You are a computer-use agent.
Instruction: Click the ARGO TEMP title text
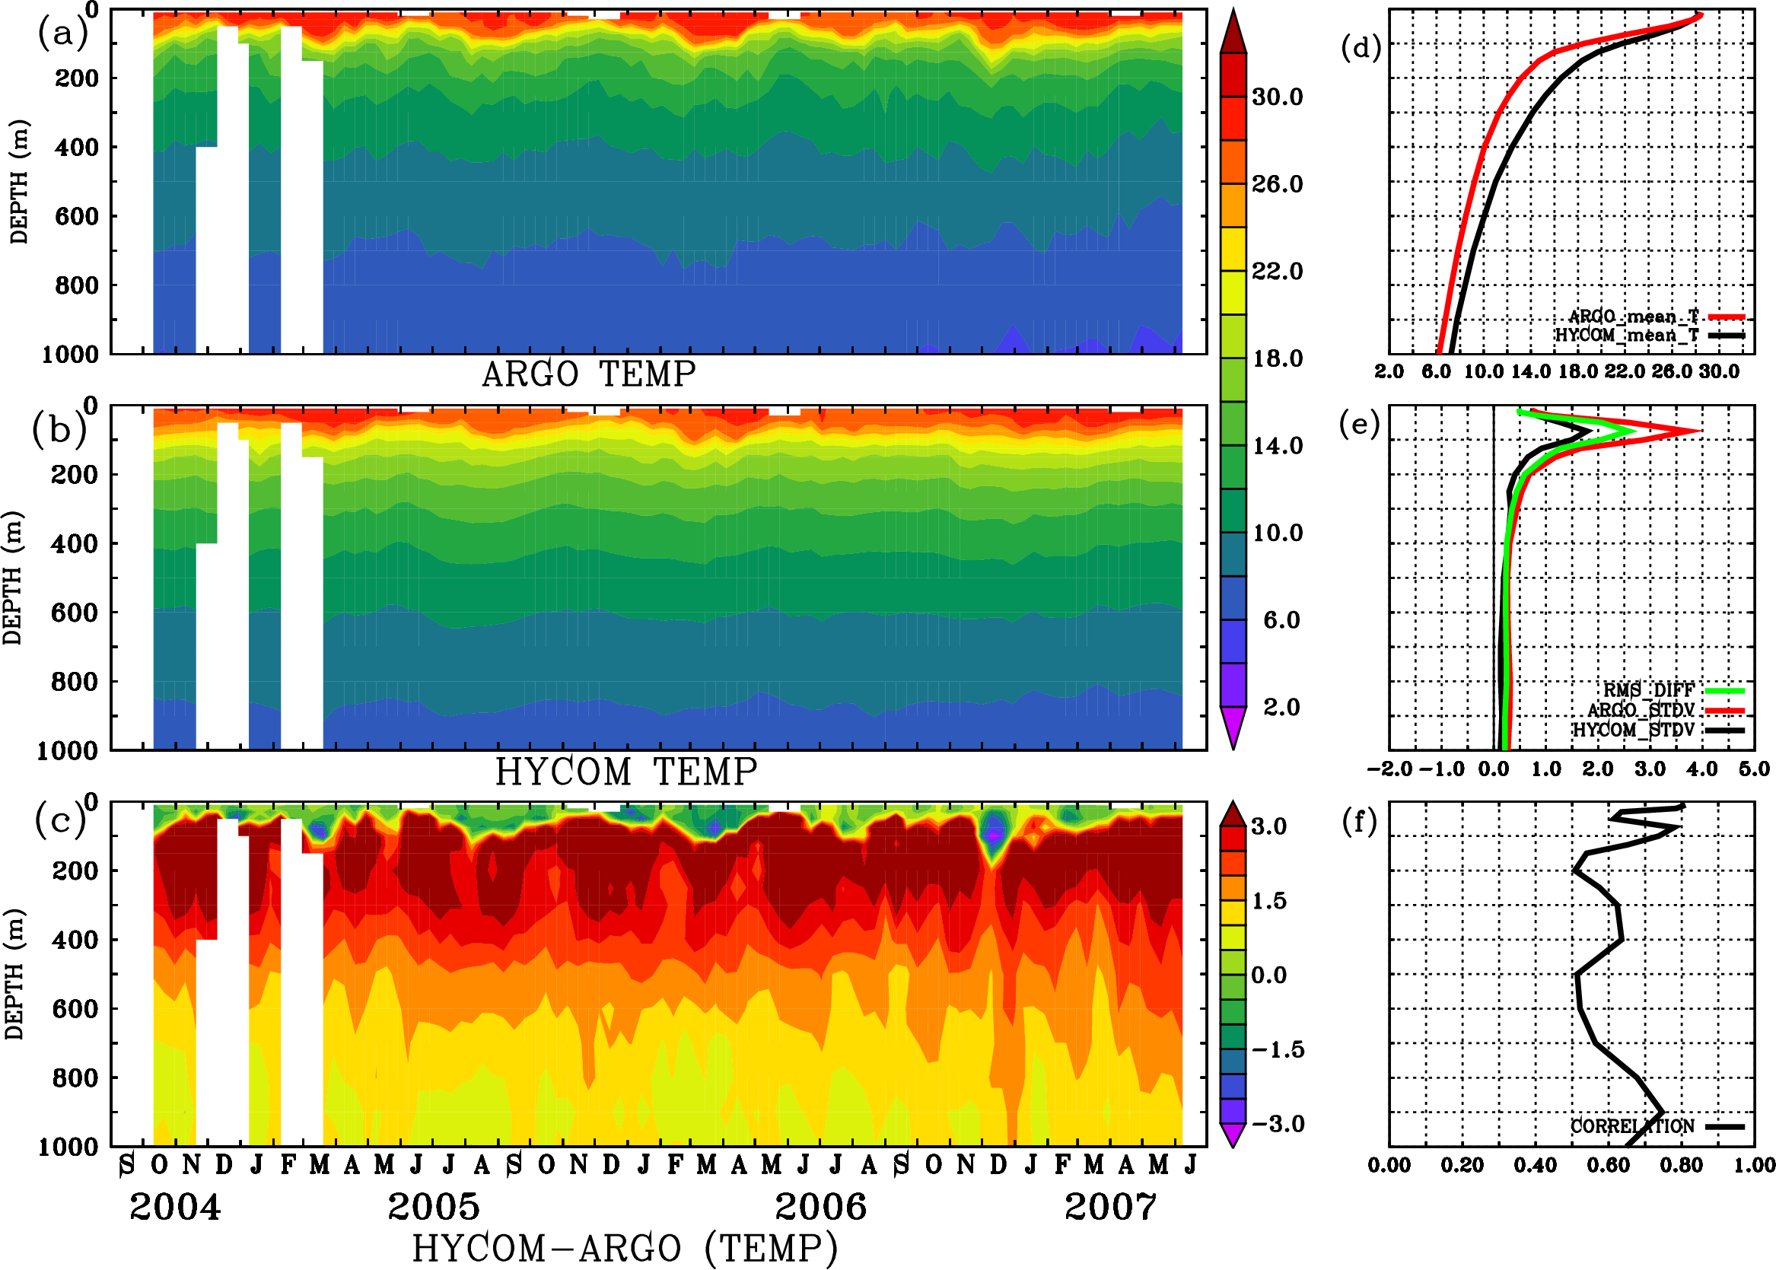(x=588, y=374)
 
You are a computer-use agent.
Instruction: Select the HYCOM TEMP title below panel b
(x=625, y=772)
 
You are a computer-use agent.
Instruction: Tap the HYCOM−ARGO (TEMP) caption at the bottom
(x=625, y=1248)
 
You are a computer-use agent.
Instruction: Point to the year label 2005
(x=433, y=1207)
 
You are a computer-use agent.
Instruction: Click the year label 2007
(x=1109, y=1207)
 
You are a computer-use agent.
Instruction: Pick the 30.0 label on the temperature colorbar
(x=1277, y=97)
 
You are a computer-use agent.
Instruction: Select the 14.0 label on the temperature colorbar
(x=1277, y=446)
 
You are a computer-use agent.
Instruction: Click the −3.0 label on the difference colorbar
(x=1277, y=1124)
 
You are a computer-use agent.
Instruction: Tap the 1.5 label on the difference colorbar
(x=1268, y=901)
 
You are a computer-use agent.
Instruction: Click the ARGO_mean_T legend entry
(x=1633, y=317)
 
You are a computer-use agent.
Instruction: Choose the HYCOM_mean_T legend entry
(x=1627, y=336)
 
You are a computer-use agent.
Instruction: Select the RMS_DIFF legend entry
(x=1648, y=690)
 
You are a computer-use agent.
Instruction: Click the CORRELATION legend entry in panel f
(x=1633, y=1126)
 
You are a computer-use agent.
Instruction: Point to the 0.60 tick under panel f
(x=1608, y=1165)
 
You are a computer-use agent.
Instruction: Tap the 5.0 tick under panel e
(x=1754, y=769)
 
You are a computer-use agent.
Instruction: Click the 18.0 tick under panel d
(x=1577, y=371)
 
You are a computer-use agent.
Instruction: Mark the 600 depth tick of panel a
(x=77, y=217)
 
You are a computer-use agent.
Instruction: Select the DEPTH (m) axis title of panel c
(x=14, y=973)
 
